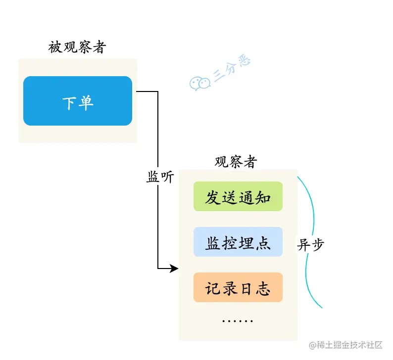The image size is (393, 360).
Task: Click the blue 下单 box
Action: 78,100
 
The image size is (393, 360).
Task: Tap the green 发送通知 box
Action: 238,196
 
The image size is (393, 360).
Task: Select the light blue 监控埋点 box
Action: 238,242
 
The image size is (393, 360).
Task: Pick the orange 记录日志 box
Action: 238,287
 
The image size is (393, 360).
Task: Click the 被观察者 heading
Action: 77,47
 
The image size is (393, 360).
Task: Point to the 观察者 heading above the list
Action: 236,161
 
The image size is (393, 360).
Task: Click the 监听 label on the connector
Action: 160,177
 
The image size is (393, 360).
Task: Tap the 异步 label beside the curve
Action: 311,244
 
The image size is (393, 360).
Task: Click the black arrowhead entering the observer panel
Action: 174,269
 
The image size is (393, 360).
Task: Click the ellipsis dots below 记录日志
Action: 238,321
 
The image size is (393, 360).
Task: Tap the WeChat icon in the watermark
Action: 200,83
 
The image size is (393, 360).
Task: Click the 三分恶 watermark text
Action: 232,68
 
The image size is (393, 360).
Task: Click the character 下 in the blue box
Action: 70,103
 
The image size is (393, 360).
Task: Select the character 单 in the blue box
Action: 86,103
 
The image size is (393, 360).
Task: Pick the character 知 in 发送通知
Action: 263,197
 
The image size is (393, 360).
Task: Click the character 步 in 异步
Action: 317,244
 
